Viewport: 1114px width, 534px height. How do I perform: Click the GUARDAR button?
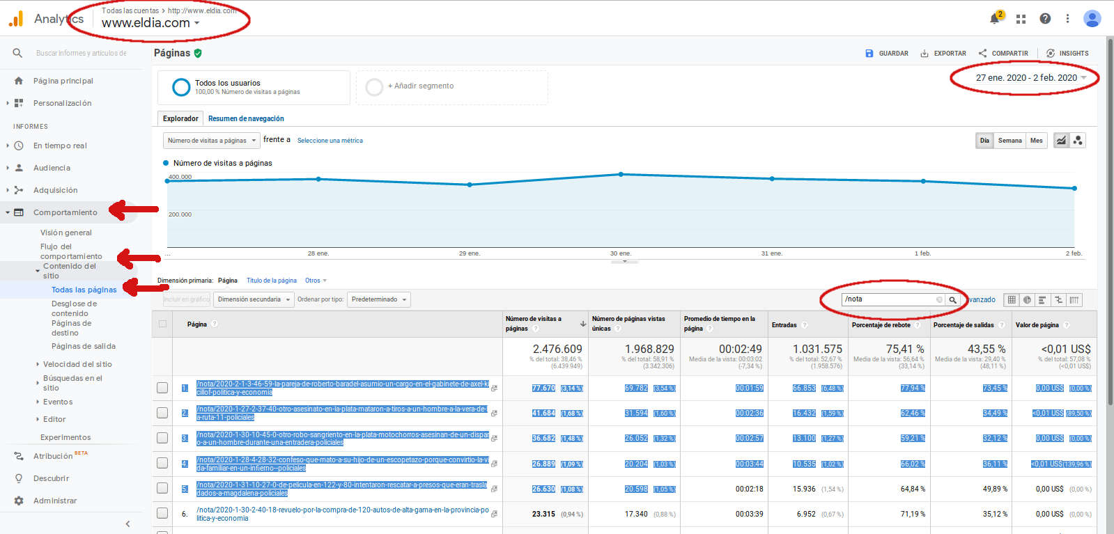[887, 54]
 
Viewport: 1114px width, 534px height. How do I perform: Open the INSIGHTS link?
[1067, 54]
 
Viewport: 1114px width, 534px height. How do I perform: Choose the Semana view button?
[1009, 141]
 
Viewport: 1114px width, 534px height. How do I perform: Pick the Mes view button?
[1037, 141]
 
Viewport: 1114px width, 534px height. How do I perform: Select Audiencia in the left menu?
[52, 168]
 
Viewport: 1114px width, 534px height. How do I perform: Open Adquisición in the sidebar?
[56, 190]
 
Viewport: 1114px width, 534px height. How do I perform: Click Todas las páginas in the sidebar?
[84, 290]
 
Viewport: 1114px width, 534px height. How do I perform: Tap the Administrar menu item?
[55, 501]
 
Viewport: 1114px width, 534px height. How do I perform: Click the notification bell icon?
[995, 19]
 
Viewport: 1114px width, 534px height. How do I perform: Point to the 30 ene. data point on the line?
[621, 175]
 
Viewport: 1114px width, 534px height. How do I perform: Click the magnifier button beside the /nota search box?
[952, 300]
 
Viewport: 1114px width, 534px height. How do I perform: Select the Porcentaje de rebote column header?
[881, 325]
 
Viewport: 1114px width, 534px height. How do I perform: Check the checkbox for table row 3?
[162, 438]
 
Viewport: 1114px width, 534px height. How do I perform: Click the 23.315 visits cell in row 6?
[543, 514]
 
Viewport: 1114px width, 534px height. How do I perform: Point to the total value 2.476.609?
[557, 349]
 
